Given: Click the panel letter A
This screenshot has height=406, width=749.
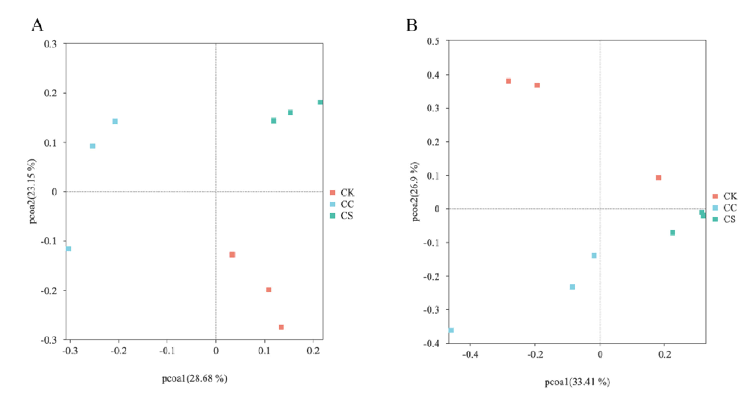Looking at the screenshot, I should (x=37, y=25).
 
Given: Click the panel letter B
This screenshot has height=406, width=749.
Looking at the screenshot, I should (x=411, y=25).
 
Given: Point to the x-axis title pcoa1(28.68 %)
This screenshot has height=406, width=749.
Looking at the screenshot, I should (x=194, y=378).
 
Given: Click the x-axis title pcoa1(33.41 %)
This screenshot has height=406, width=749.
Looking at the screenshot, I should (x=577, y=382).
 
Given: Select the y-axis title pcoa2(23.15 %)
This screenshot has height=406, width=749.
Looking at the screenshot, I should (x=33, y=191).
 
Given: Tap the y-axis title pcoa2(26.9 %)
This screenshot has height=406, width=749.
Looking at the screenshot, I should (x=415, y=191).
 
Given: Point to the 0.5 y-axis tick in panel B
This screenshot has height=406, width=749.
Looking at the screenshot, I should (x=433, y=41).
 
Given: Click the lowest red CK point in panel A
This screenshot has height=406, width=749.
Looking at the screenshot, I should (x=281, y=327).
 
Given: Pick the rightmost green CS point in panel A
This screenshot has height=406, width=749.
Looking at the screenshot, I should (x=320, y=102).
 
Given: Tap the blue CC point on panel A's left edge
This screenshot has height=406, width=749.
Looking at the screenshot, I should (x=68, y=248).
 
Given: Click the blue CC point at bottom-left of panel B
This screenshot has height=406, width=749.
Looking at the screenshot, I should (x=451, y=330).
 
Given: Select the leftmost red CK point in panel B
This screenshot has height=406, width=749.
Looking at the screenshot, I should (x=508, y=81).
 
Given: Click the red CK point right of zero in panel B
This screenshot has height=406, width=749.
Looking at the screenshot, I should (x=658, y=178).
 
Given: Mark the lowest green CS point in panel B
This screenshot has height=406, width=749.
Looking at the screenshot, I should (x=672, y=233).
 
